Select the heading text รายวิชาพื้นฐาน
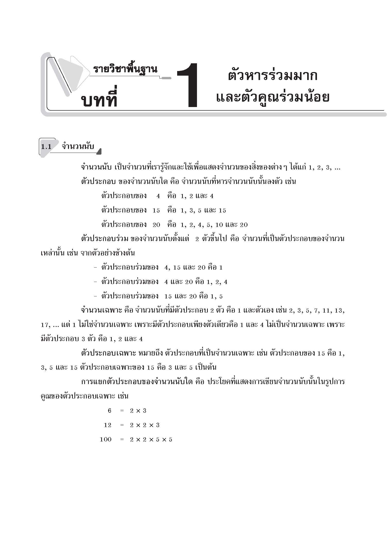125,69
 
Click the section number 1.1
46,147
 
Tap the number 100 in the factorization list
106,439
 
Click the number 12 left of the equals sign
108,425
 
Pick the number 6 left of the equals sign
109,410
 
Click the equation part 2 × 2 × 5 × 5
151,439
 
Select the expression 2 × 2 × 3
145,425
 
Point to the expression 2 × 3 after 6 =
138,410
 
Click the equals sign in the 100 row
122,439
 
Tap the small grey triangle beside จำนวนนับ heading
99,152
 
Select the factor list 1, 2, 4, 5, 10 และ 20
214,225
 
